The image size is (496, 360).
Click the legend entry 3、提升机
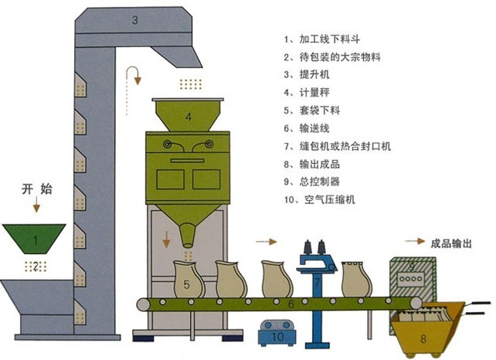(x=304, y=75)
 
